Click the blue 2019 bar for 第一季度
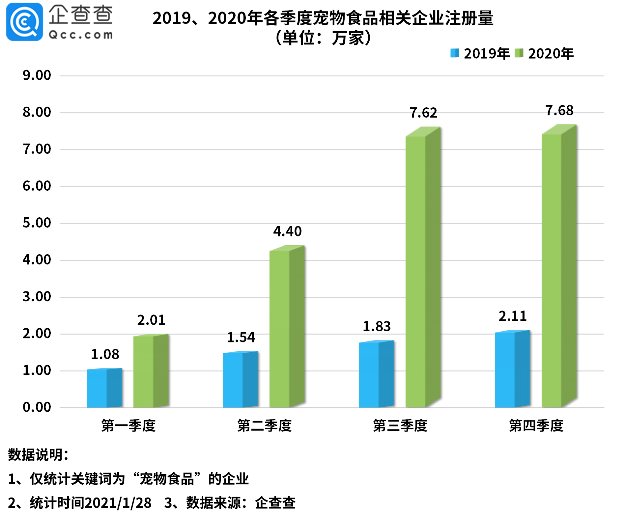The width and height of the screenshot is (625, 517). pyautogui.click(x=104, y=389)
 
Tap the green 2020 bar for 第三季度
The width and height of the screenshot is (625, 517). pyautogui.click(x=423, y=270)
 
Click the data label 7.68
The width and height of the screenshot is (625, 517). pyautogui.click(x=559, y=111)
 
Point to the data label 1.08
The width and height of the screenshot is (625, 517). pyautogui.click(x=105, y=354)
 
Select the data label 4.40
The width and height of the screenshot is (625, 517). pyautogui.click(x=287, y=231)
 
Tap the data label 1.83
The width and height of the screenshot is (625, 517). pyautogui.click(x=377, y=327)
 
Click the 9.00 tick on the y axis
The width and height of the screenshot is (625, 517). pyautogui.click(x=37, y=75)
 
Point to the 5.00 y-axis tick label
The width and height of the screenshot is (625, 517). pyautogui.click(x=37, y=223)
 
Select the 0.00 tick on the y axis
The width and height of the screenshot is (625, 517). pyautogui.click(x=37, y=407)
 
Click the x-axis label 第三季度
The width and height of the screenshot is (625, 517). pyautogui.click(x=400, y=426)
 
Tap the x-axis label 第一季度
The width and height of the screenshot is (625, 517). pyautogui.click(x=128, y=426)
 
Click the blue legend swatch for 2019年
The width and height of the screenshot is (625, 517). pyautogui.click(x=455, y=53)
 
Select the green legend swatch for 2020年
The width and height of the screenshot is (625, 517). pyautogui.click(x=519, y=53)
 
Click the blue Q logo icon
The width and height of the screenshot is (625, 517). pyautogui.click(x=24, y=22)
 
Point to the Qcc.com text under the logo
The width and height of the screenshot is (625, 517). pyautogui.click(x=81, y=35)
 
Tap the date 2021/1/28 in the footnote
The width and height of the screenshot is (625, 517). pyautogui.click(x=118, y=503)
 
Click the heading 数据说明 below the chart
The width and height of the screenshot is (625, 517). pyautogui.click(x=38, y=455)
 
